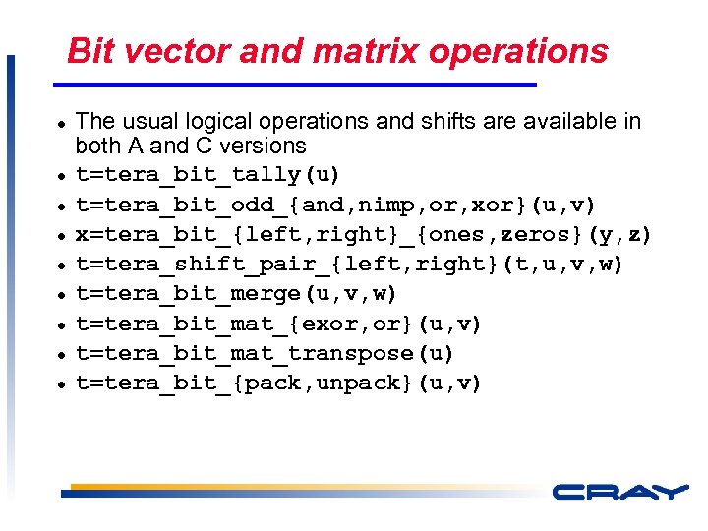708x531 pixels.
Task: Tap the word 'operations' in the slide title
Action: coord(529,51)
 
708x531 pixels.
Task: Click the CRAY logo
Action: coord(619,492)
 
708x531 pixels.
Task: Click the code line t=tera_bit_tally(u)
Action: coord(208,175)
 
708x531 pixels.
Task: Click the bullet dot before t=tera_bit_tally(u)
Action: coord(61,176)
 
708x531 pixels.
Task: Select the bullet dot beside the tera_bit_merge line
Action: coord(61,295)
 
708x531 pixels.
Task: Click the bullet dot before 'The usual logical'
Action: coord(61,123)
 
